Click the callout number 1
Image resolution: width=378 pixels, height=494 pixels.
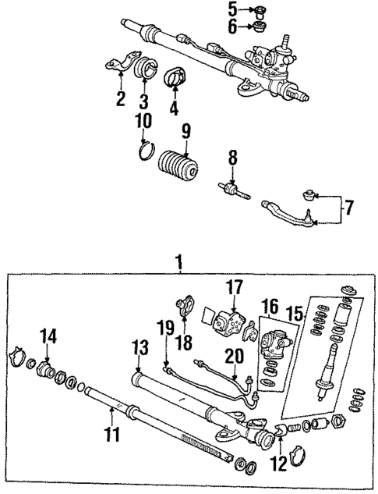point(180,264)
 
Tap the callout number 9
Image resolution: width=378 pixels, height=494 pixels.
point(185,130)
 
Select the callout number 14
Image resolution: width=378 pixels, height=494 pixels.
point(49,337)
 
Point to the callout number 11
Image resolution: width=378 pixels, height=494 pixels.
point(114,434)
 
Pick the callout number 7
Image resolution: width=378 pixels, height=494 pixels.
point(348,208)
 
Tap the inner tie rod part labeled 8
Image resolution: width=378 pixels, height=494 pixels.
point(231,190)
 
